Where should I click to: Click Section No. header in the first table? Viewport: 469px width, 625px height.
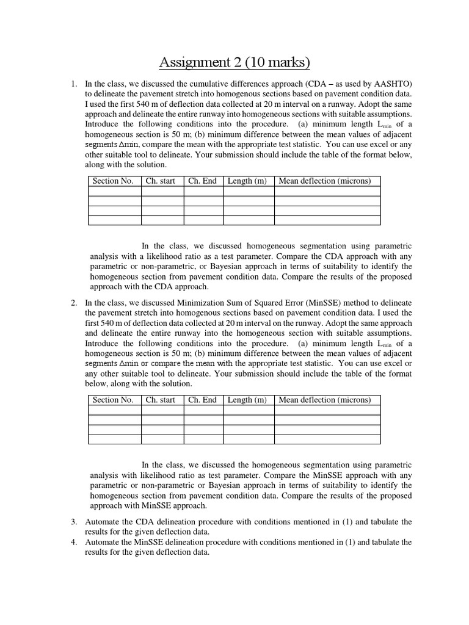coord(113,181)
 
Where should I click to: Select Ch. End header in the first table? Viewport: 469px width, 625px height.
coord(202,181)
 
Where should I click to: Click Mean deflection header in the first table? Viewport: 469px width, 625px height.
coord(324,181)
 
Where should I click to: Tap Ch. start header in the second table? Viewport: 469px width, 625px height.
coord(161,400)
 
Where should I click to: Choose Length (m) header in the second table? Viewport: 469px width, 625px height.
coord(247,400)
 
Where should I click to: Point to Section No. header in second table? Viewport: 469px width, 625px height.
coord(113,400)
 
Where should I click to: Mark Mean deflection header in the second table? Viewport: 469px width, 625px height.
coord(324,400)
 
